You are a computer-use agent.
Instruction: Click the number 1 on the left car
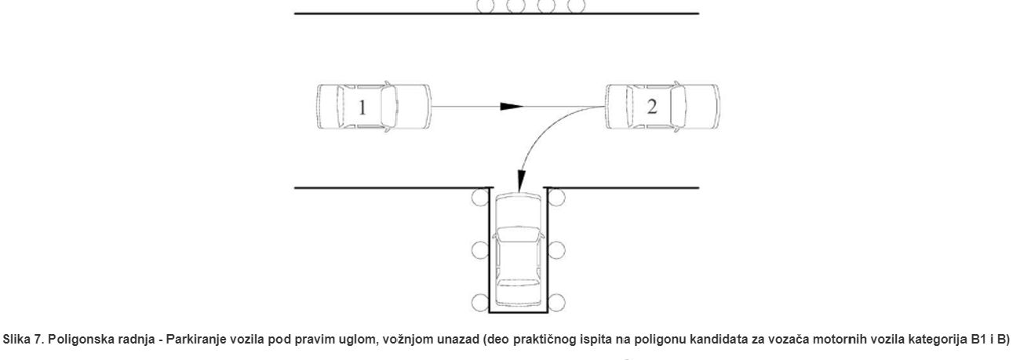pos(362,108)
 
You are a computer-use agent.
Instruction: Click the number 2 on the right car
pos(651,107)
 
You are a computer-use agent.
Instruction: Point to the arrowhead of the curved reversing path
pos(518,186)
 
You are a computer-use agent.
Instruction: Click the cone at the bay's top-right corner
pos(556,196)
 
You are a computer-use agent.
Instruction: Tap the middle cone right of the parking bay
pos(556,251)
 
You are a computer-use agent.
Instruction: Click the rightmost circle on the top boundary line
pos(577,6)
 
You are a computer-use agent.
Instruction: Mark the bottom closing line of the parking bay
pos(518,312)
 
